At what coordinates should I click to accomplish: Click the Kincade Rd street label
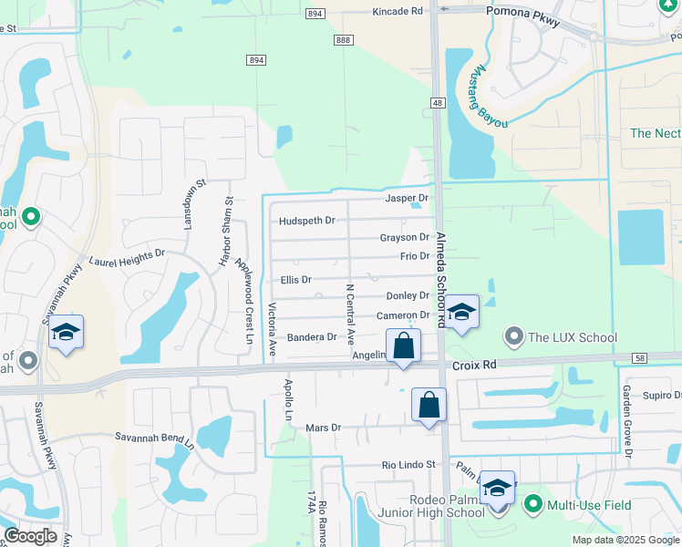(398, 11)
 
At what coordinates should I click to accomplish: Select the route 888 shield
(343, 40)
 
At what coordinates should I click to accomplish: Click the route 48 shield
(439, 104)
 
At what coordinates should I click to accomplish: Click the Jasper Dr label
(407, 198)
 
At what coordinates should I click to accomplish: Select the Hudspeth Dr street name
(307, 221)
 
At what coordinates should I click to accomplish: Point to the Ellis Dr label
(296, 280)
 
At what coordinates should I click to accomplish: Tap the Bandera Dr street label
(312, 337)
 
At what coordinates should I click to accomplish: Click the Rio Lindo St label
(408, 464)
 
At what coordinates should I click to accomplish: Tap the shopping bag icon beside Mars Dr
(429, 404)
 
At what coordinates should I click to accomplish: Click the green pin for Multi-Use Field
(532, 503)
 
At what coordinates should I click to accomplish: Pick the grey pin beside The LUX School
(515, 337)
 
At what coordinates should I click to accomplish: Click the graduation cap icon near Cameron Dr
(462, 312)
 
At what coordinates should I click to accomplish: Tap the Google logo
(30, 536)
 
